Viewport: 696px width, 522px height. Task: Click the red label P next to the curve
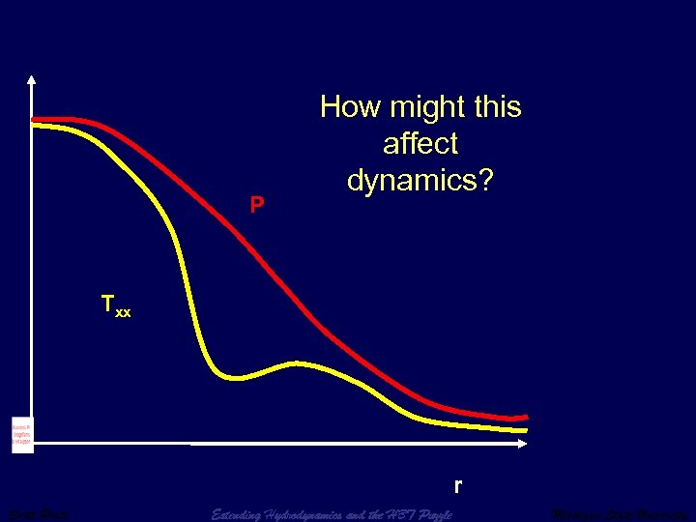256,205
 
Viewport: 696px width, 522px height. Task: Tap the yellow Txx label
116,306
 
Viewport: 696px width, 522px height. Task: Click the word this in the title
493,107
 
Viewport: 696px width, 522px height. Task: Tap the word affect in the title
420,144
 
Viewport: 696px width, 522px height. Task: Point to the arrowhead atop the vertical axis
32,80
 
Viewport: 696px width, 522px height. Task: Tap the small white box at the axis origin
22,436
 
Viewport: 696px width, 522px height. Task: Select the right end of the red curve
525,416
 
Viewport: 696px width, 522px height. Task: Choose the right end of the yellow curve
525,428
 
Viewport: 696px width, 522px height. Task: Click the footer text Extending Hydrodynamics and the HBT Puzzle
332,514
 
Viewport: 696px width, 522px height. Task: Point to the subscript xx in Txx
124,312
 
